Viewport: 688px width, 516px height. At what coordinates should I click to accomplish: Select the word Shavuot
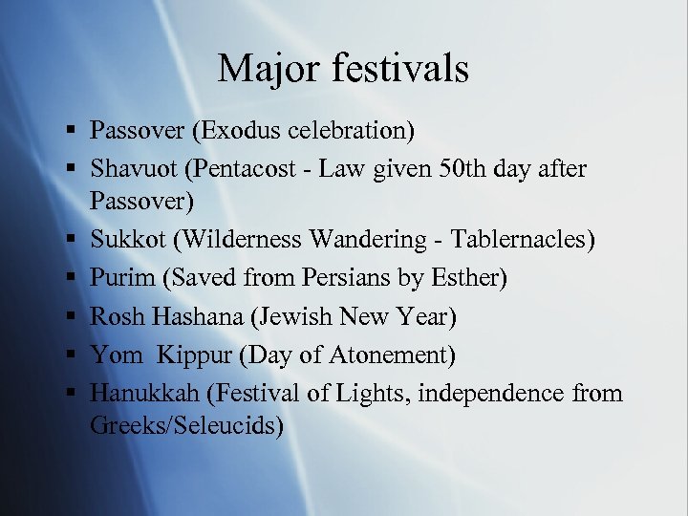click(134, 169)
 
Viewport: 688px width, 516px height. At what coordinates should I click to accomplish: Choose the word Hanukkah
click(141, 394)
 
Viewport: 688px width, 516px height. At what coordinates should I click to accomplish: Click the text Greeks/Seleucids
click(186, 425)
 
